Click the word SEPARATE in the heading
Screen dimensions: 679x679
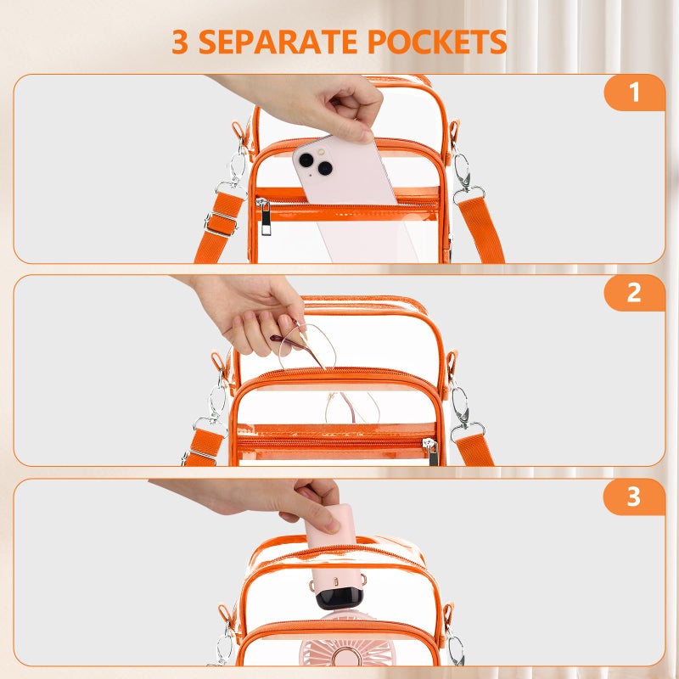pyautogui.click(x=278, y=42)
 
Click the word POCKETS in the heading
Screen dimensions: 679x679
pyautogui.click(x=437, y=42)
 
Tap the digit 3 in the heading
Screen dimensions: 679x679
pyautogui.click(x=180, y=42)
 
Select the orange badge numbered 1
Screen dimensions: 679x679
pyautogui.click(x=634, y=93)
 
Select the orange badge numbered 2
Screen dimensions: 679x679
pyautogui.click(x=634, y=293)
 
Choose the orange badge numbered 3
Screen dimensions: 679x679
pyautogui.click(x=633, y=497)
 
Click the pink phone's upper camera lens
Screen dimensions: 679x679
pyautogui.click(x=306, y=160)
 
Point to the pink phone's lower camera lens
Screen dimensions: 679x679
pyautogui.click(x=325, y=168)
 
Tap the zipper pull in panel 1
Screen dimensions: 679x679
pyautogui.click(x=265, y=216)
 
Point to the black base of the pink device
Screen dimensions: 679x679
pyautogui.click(x=339, y=598)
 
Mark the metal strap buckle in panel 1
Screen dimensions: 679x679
pyautogui.click(x=221, y=223)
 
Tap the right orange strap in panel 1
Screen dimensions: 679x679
pyautogui.click(x=481, y=229)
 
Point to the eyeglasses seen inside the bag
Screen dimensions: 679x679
pyautogui.click(x=352, y=407)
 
